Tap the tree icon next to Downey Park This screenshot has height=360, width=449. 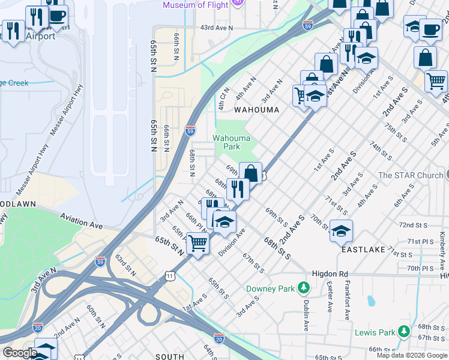pos(304,289)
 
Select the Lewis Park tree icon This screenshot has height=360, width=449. pos(405,332)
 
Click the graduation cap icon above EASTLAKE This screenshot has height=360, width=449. pos(341,230)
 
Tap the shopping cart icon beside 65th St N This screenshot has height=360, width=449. pos(197,243)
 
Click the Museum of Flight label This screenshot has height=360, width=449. pos(196,5)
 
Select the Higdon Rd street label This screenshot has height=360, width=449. pos(330,274)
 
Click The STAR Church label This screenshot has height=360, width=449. pos(410,175)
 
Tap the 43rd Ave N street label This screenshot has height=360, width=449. pos(216,28)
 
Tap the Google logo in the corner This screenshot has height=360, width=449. pos(20,353)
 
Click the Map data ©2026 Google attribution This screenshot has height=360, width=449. pos(412,355)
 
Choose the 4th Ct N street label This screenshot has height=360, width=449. pos(224,98)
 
